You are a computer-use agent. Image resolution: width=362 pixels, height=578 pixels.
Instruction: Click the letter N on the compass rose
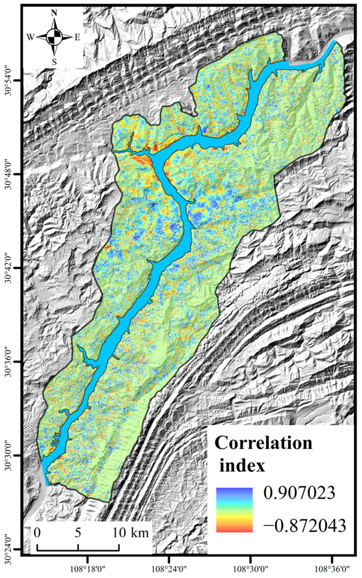pyautogui.click(x=54, y=13)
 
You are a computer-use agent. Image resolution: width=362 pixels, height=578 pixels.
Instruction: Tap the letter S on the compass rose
pyautogui.click(x=54, y=62)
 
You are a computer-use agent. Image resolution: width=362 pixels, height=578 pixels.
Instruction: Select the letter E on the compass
pyautogui.click(x=77, y=38)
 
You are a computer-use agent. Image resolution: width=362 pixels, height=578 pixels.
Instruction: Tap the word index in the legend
pyautogui.click(x=242, y=466)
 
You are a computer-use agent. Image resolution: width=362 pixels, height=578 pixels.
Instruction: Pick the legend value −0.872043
pyautogui.click(x=304, y=526)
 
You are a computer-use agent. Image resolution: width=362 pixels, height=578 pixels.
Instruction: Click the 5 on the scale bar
pyautogui.click(x=78, y=533)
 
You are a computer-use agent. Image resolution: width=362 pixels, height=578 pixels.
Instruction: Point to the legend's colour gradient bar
pyautogui.click(x=234, y=510)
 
